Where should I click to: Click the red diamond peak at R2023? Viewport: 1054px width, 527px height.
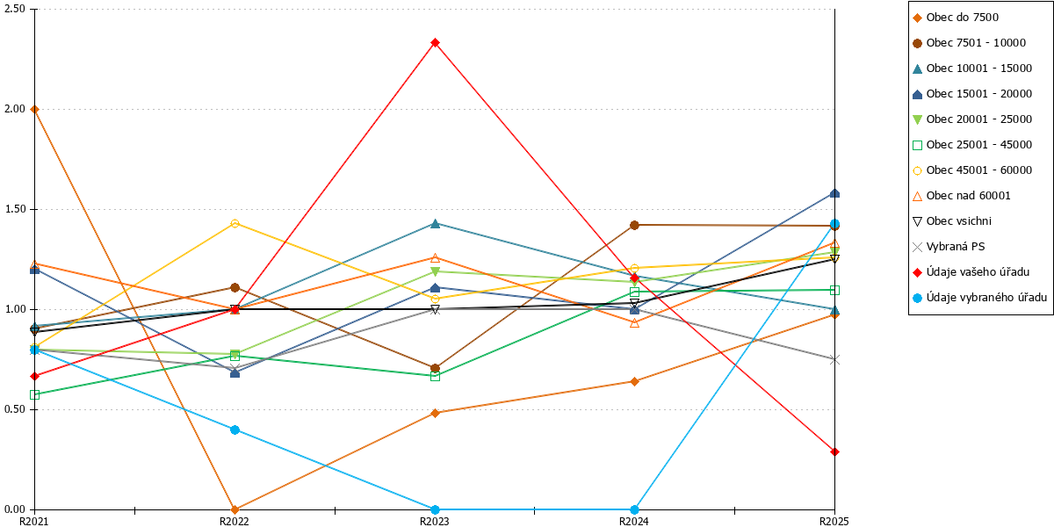(x=436, y=43)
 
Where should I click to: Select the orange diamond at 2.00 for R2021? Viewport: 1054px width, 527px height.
(x=34, y=110)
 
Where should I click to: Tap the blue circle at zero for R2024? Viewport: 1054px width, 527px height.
(x=634, y=509)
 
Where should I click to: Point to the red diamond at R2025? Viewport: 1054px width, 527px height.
(x=834, y=452)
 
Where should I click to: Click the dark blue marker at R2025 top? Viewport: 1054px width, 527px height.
(x=834, y=193)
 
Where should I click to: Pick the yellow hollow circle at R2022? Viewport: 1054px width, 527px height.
(x=235, y=223)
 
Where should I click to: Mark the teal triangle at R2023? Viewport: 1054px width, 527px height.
(x=436, y=223)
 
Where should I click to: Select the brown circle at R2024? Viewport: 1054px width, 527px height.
(x=634, y=226)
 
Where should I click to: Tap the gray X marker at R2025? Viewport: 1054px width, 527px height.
(x=834, y=360)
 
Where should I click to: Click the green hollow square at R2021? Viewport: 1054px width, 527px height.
(x=34, y=394)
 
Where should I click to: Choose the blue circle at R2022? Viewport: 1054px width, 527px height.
(x=235, y=430)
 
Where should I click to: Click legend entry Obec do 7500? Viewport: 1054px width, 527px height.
(x=962, y=18)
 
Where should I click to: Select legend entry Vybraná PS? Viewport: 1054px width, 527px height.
(x=956, y=247)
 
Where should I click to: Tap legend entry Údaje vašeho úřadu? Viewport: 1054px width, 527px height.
(x=978, y=272)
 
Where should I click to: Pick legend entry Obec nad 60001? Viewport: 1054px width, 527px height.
(x=968, y=196)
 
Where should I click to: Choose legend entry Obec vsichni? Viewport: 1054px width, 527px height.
(x=958, y=221)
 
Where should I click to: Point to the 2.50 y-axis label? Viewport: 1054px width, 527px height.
(x=15, y=9)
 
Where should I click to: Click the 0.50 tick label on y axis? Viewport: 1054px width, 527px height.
(x=15, y=409)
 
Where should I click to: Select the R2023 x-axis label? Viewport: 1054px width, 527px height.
(x=434, y=522)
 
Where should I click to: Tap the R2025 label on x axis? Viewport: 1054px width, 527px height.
(x=834, y=522)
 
